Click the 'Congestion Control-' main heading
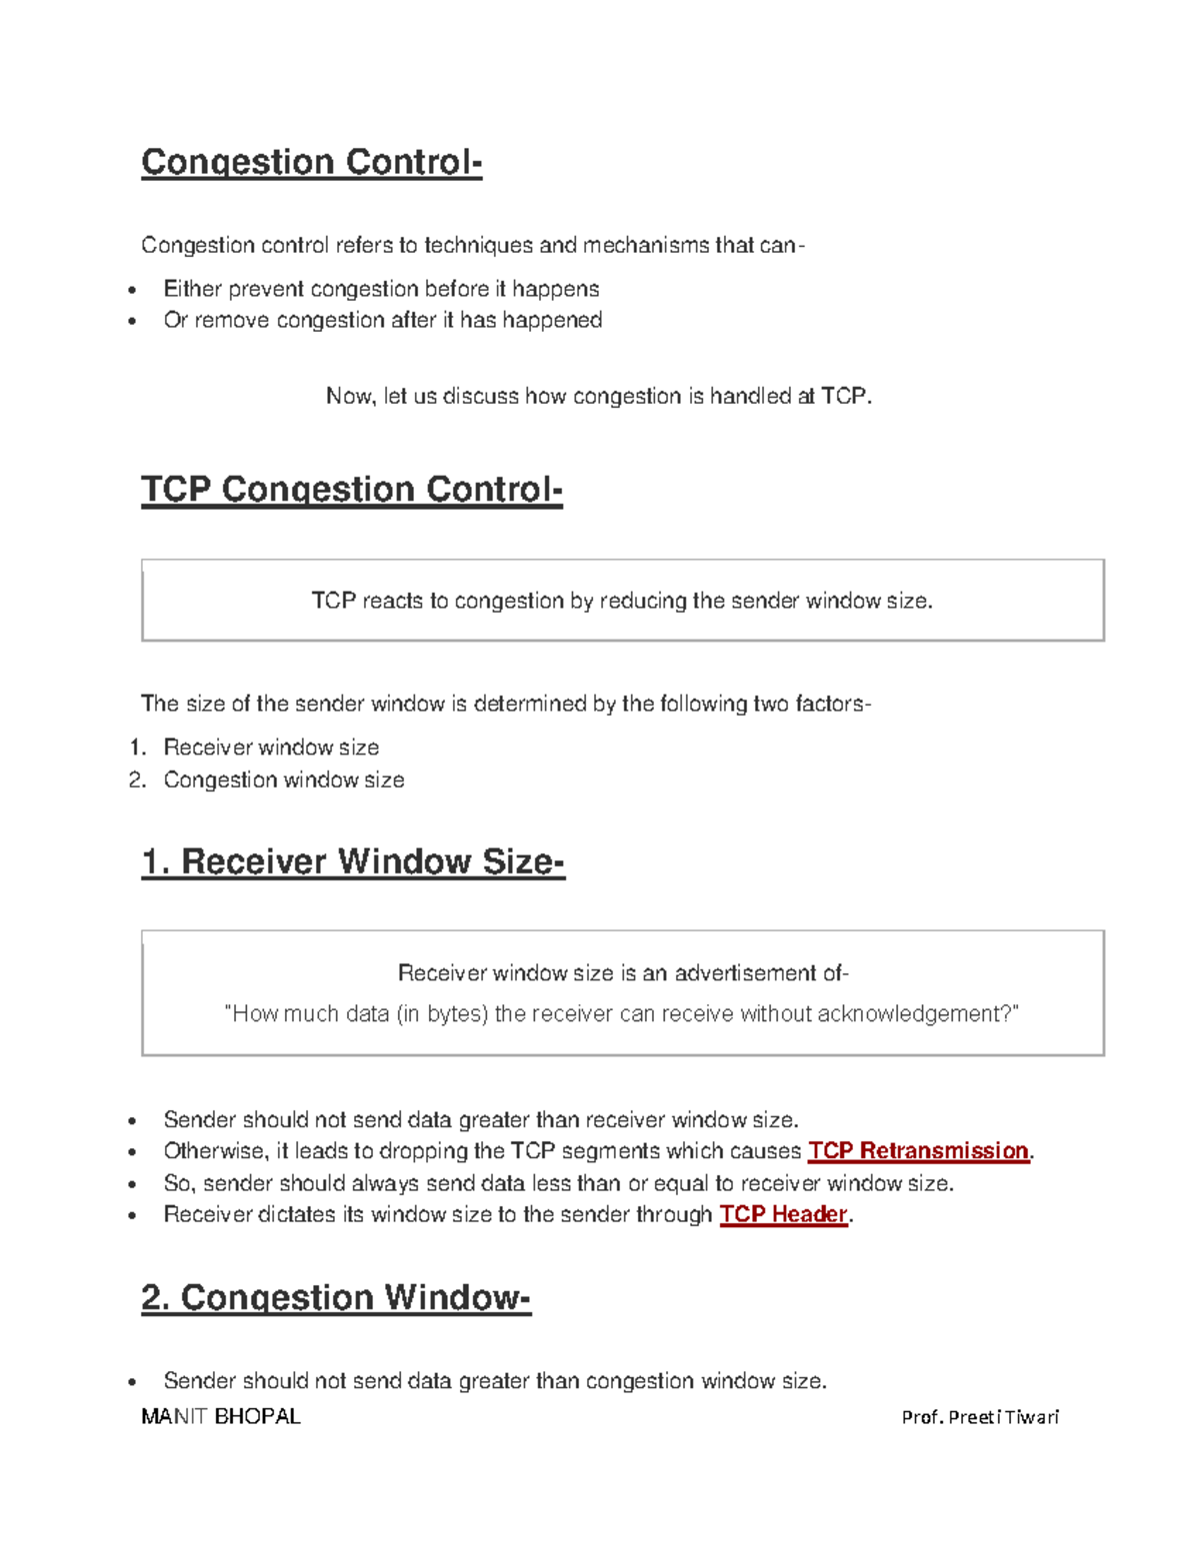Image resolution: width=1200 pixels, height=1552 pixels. coord(311,162)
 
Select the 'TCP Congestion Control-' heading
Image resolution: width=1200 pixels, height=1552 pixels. coord(351,490)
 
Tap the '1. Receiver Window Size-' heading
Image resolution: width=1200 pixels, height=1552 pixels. coord(352,861)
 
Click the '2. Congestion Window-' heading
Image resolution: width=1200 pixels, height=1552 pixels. coord(335,1297)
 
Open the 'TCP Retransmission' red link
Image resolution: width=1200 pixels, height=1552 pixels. coord(918,1151)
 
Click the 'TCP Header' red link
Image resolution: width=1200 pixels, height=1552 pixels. coord(783,1214)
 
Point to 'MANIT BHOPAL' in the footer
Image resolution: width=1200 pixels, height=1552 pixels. coord(220,1417)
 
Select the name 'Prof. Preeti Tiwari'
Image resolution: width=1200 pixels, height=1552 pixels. coord(979,1417)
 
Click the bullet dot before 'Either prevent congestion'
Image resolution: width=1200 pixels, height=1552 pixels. coord(132,291)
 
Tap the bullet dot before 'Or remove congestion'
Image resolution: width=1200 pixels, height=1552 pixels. coord(132,322)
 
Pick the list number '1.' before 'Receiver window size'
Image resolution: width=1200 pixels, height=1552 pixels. coord(138,748)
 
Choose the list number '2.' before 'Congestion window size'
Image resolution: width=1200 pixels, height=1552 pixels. coord(138,779)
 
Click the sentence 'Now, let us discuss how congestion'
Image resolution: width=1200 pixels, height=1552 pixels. coord(598,397)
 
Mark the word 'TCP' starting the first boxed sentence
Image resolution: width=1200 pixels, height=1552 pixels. coord(333,601)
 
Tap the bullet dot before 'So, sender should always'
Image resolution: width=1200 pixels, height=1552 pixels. coord(132,1185)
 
